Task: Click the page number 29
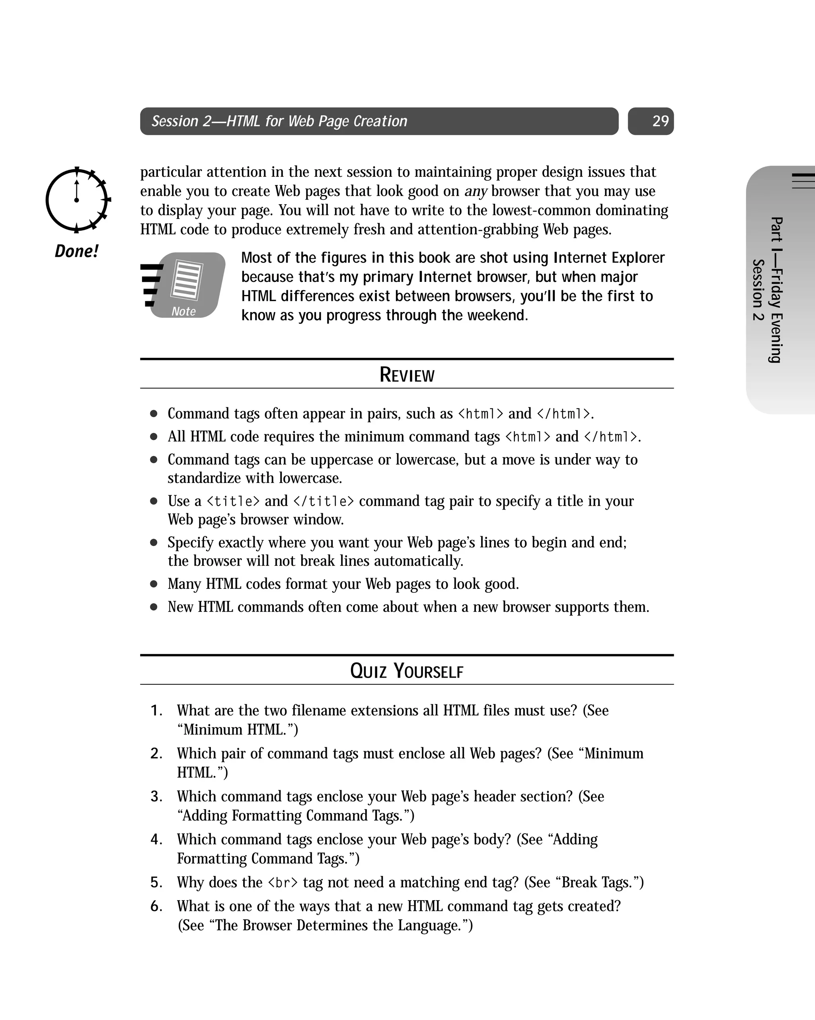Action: pos(660,121)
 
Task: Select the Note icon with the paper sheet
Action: pos(184,285)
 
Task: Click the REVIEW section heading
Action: pos(407,375)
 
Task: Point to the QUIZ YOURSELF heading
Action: pos(407,671)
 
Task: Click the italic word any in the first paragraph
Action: pos(476,191)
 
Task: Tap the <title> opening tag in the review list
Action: pos(234,501)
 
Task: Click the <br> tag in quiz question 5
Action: pos(283,883)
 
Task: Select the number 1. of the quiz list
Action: pos(156,711)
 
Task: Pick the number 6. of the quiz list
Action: pos(156,907)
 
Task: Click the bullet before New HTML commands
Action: pos(154,607)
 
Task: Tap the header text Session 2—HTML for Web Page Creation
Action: pos(279,121)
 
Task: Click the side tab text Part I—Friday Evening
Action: pos(776,289)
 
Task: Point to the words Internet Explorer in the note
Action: pos(609,258)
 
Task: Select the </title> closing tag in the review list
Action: pos(324,501)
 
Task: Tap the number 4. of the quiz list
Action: pos(156,840)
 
